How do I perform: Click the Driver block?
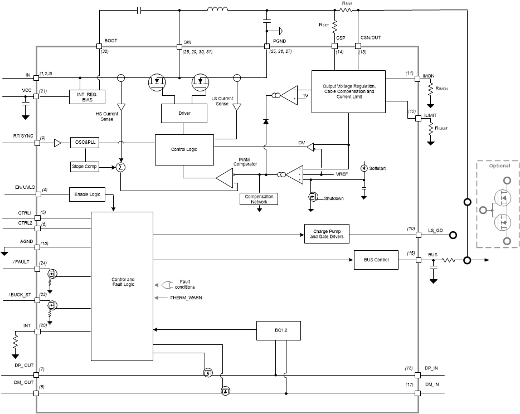pos(184,113)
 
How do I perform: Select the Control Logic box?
pos(184,149)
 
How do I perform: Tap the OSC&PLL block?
pos(84,143)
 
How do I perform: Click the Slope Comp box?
pos(84,166)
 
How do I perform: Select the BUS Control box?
pos(376,260)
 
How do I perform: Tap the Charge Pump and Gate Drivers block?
pos(330,234)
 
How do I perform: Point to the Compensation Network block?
pos(259,199)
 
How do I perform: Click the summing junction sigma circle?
pos(121,166)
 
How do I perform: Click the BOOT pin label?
pos(110,41)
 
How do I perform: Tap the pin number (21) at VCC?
pos(43,91)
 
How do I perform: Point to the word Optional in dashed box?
pos(499,166)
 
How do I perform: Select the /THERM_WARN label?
pos(186,298)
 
